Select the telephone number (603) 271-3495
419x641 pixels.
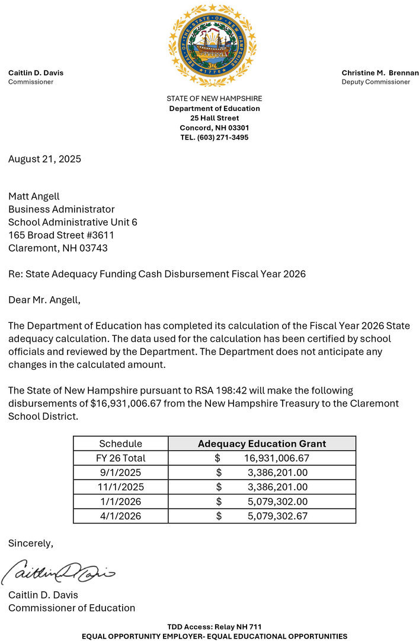click(x=215, y=138)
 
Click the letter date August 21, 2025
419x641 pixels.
click(x=44, y=159)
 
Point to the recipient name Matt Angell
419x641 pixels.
click(x=34, y=196)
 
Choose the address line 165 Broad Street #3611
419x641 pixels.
click(x=61, y=235)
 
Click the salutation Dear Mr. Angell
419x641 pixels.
click(x=44, y=300)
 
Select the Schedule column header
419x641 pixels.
click(x=121, y=443)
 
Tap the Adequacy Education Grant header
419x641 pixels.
click(x=262, y=443)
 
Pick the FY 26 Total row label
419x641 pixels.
click(x=121, y=458)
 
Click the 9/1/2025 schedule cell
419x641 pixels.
click(x=121, y=472)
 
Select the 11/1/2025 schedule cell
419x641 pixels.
click(x=121, y=487)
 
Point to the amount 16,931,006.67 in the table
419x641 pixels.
click(x=277, y=458)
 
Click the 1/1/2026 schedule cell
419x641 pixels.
click(x=121, y=502)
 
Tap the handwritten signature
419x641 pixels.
click(x=57, y=572)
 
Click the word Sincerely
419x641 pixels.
click(x=31, y=543)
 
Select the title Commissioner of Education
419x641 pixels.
click(x=72, y=608)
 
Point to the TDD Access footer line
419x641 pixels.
click(x=215, y=627)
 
